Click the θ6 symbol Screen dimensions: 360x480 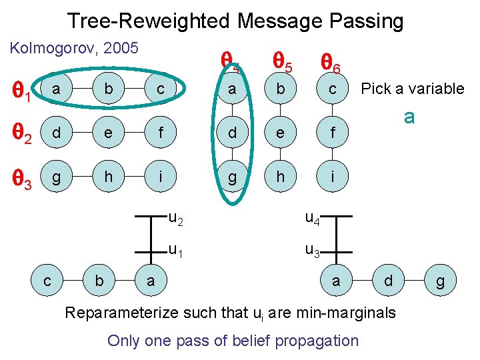(x=331, y=64)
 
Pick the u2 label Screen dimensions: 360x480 (x=176, y=217)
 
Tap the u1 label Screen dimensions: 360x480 (x=176, y=251)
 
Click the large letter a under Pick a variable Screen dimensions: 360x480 (x=409, y=117)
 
